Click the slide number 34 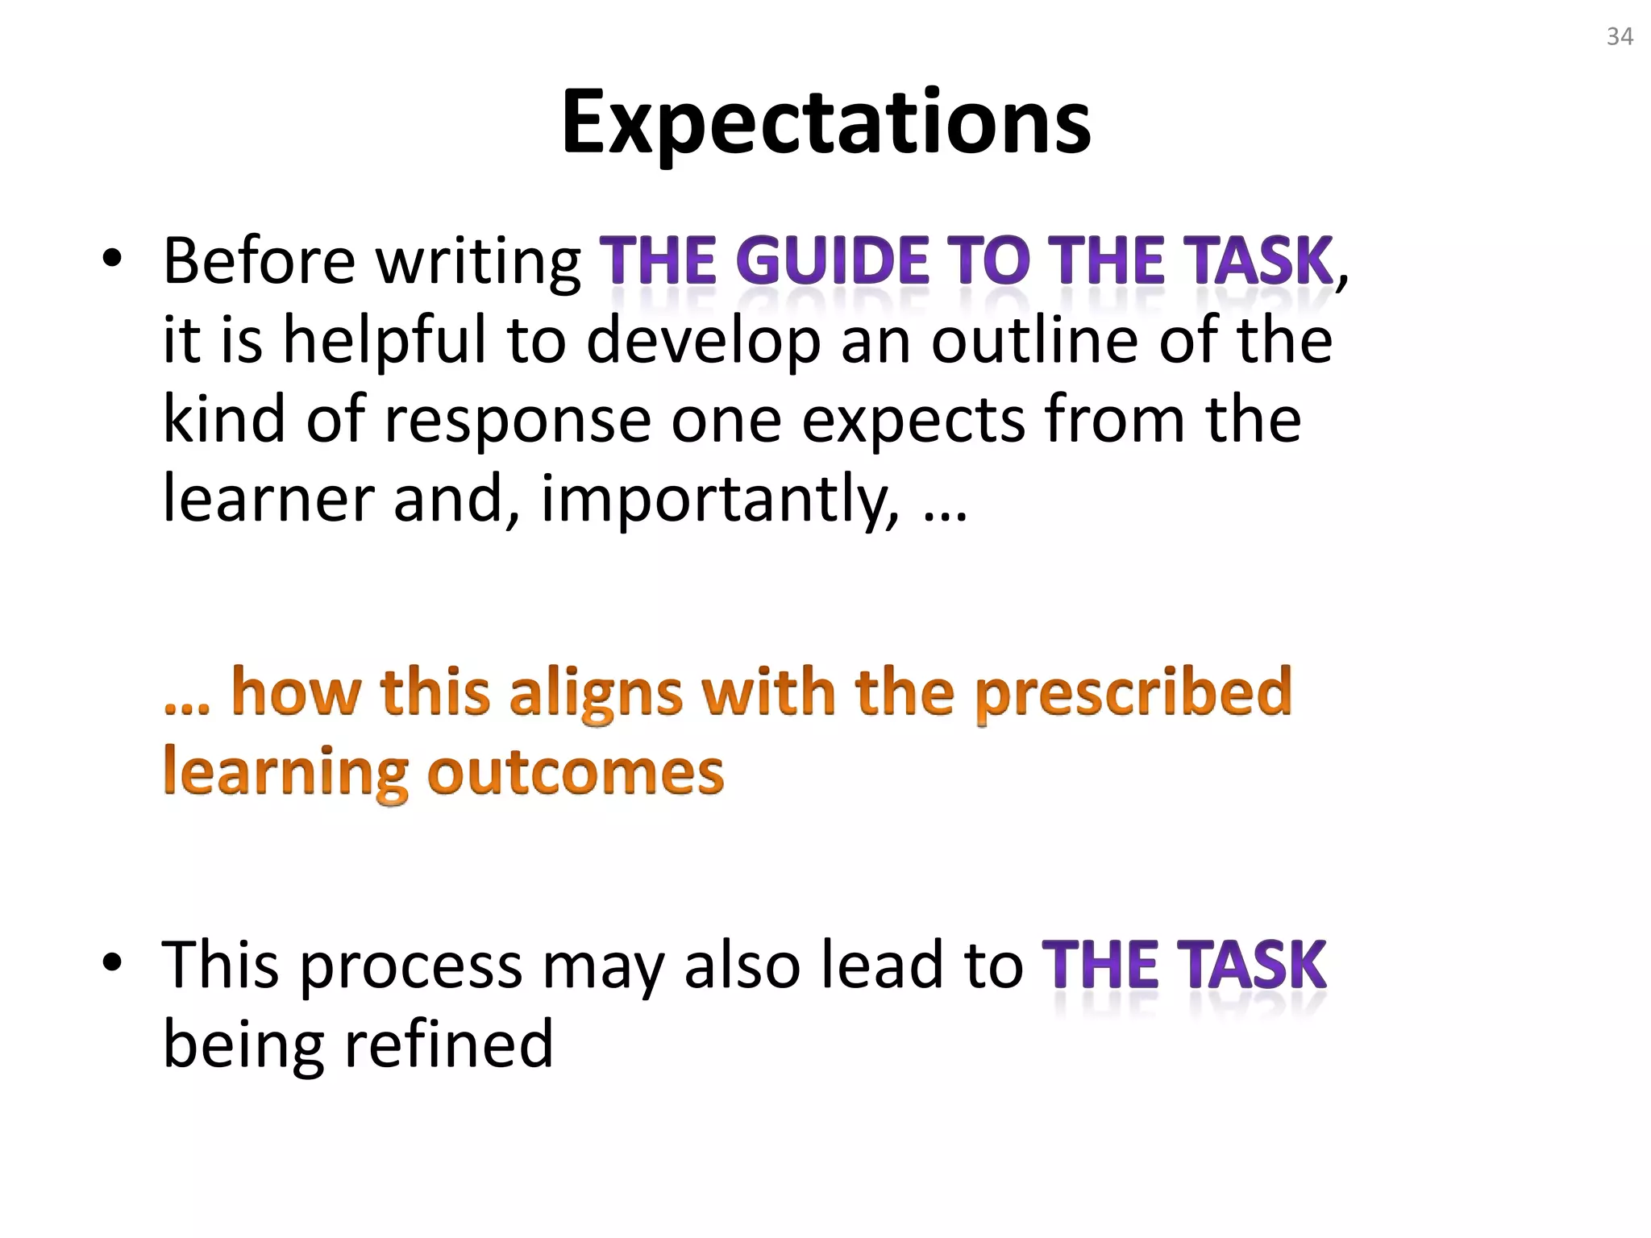[1620, 37]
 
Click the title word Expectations [825, 123]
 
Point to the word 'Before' [259, 261]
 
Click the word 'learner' [268, 499]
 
